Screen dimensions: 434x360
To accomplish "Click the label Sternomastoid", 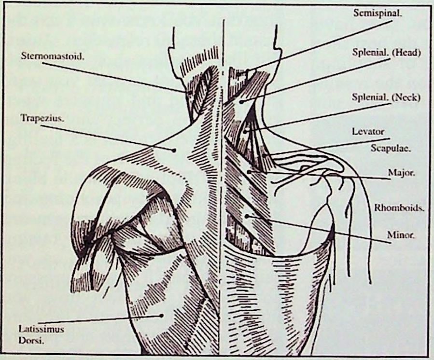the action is point(52,55).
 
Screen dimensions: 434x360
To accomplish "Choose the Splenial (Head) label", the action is point(386,53).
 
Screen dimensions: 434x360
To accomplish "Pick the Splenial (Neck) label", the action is point(386,97).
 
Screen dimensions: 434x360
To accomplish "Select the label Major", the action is point(401,172).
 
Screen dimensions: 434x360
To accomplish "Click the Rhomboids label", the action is point(399,208).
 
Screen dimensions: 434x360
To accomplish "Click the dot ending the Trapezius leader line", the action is point(174,150).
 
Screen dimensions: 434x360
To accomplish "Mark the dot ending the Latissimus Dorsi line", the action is point(162,316).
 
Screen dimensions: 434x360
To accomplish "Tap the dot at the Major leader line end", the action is point(249,171).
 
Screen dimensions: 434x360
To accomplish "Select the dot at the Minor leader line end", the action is point(247,216).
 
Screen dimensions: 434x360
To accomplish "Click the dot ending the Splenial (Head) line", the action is point(241,102).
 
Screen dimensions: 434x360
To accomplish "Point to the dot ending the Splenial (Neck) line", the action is point(245,130).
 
